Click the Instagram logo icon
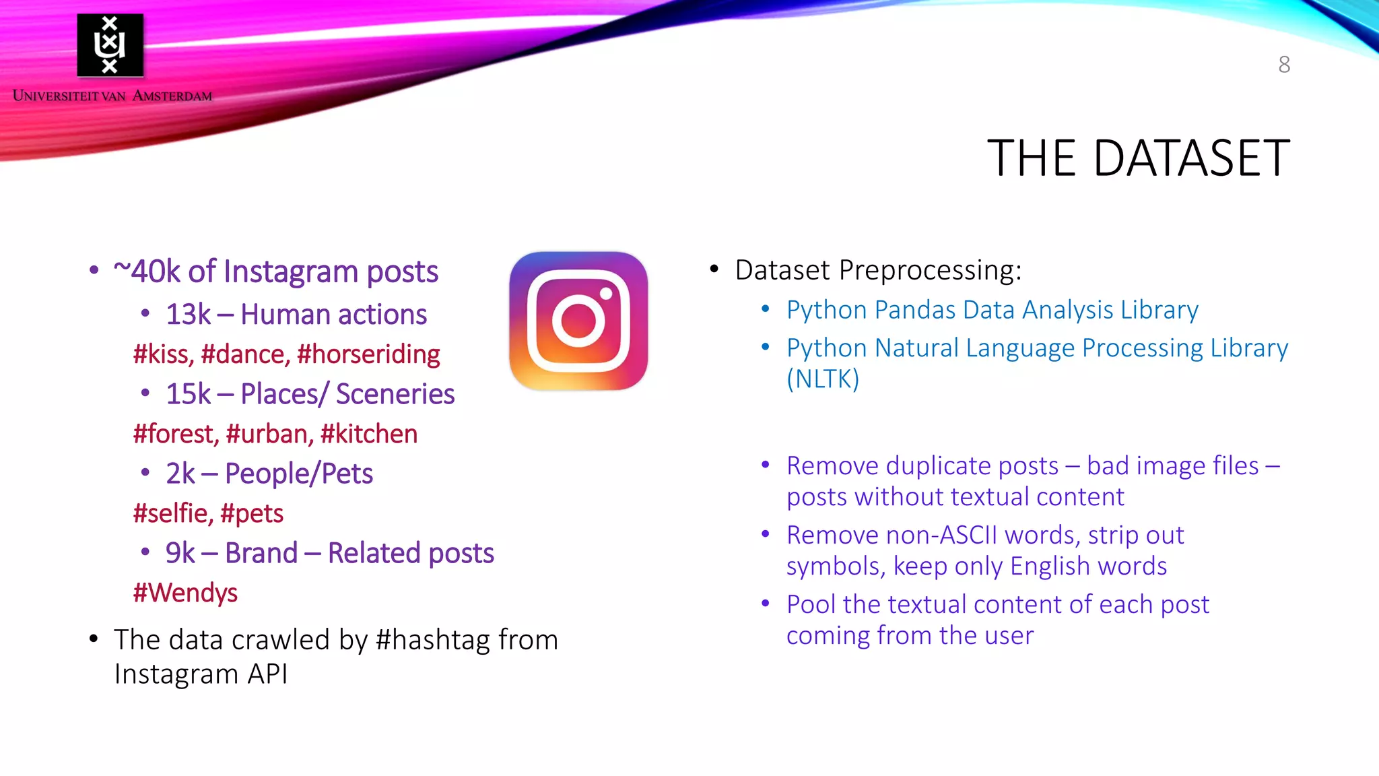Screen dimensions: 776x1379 pyautogui.click(x=578, y=321)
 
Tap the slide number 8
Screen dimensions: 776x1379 pyautogui.click(x=1284, y=65)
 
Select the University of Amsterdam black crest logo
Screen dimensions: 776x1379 pyautogui.click(x=110, y=45)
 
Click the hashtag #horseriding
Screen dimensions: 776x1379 pyautogui.click(x=368, y=354)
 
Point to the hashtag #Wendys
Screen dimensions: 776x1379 pyautogui.click(x=185, y=593)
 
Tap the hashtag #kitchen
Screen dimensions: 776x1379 pyautogui.click(x=369, y=434)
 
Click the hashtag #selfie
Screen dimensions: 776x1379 pyautogui.click(x=171, y=513)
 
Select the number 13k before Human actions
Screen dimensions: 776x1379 pyautogui.click(x=188, y=315)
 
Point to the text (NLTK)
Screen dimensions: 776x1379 pyautogui.click(x=823, y=379)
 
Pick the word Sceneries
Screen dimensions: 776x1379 pyautogui.click(x=395, y=394)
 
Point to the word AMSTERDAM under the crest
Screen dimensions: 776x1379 pyautogui.click(x=172, y=96)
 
